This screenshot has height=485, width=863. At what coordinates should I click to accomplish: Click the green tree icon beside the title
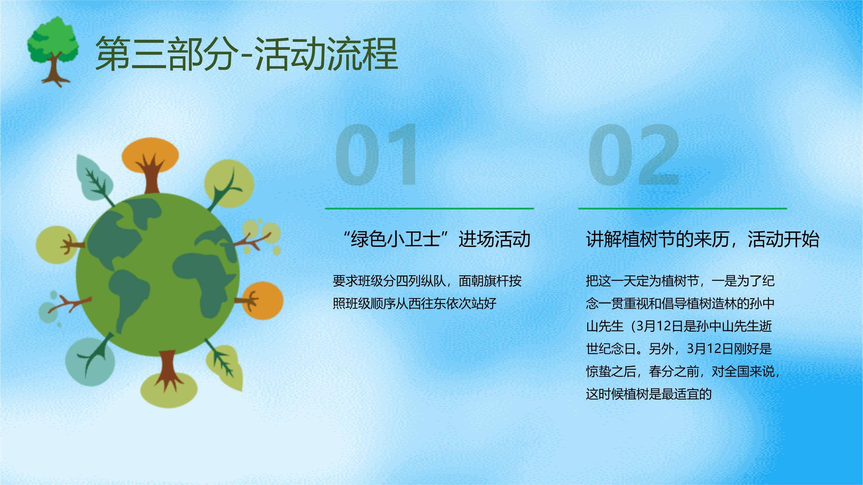[x=53, y=51]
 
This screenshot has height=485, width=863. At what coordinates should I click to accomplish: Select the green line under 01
[x=429, y=208]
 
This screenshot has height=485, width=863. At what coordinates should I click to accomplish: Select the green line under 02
[x=682, y=208]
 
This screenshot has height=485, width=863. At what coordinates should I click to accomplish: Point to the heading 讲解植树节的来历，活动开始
[x=703, y=239]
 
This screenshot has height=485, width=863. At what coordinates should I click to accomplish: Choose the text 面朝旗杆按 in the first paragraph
[x=490, y=281]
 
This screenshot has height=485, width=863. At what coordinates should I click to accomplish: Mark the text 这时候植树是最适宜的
[x=649, y=394]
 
